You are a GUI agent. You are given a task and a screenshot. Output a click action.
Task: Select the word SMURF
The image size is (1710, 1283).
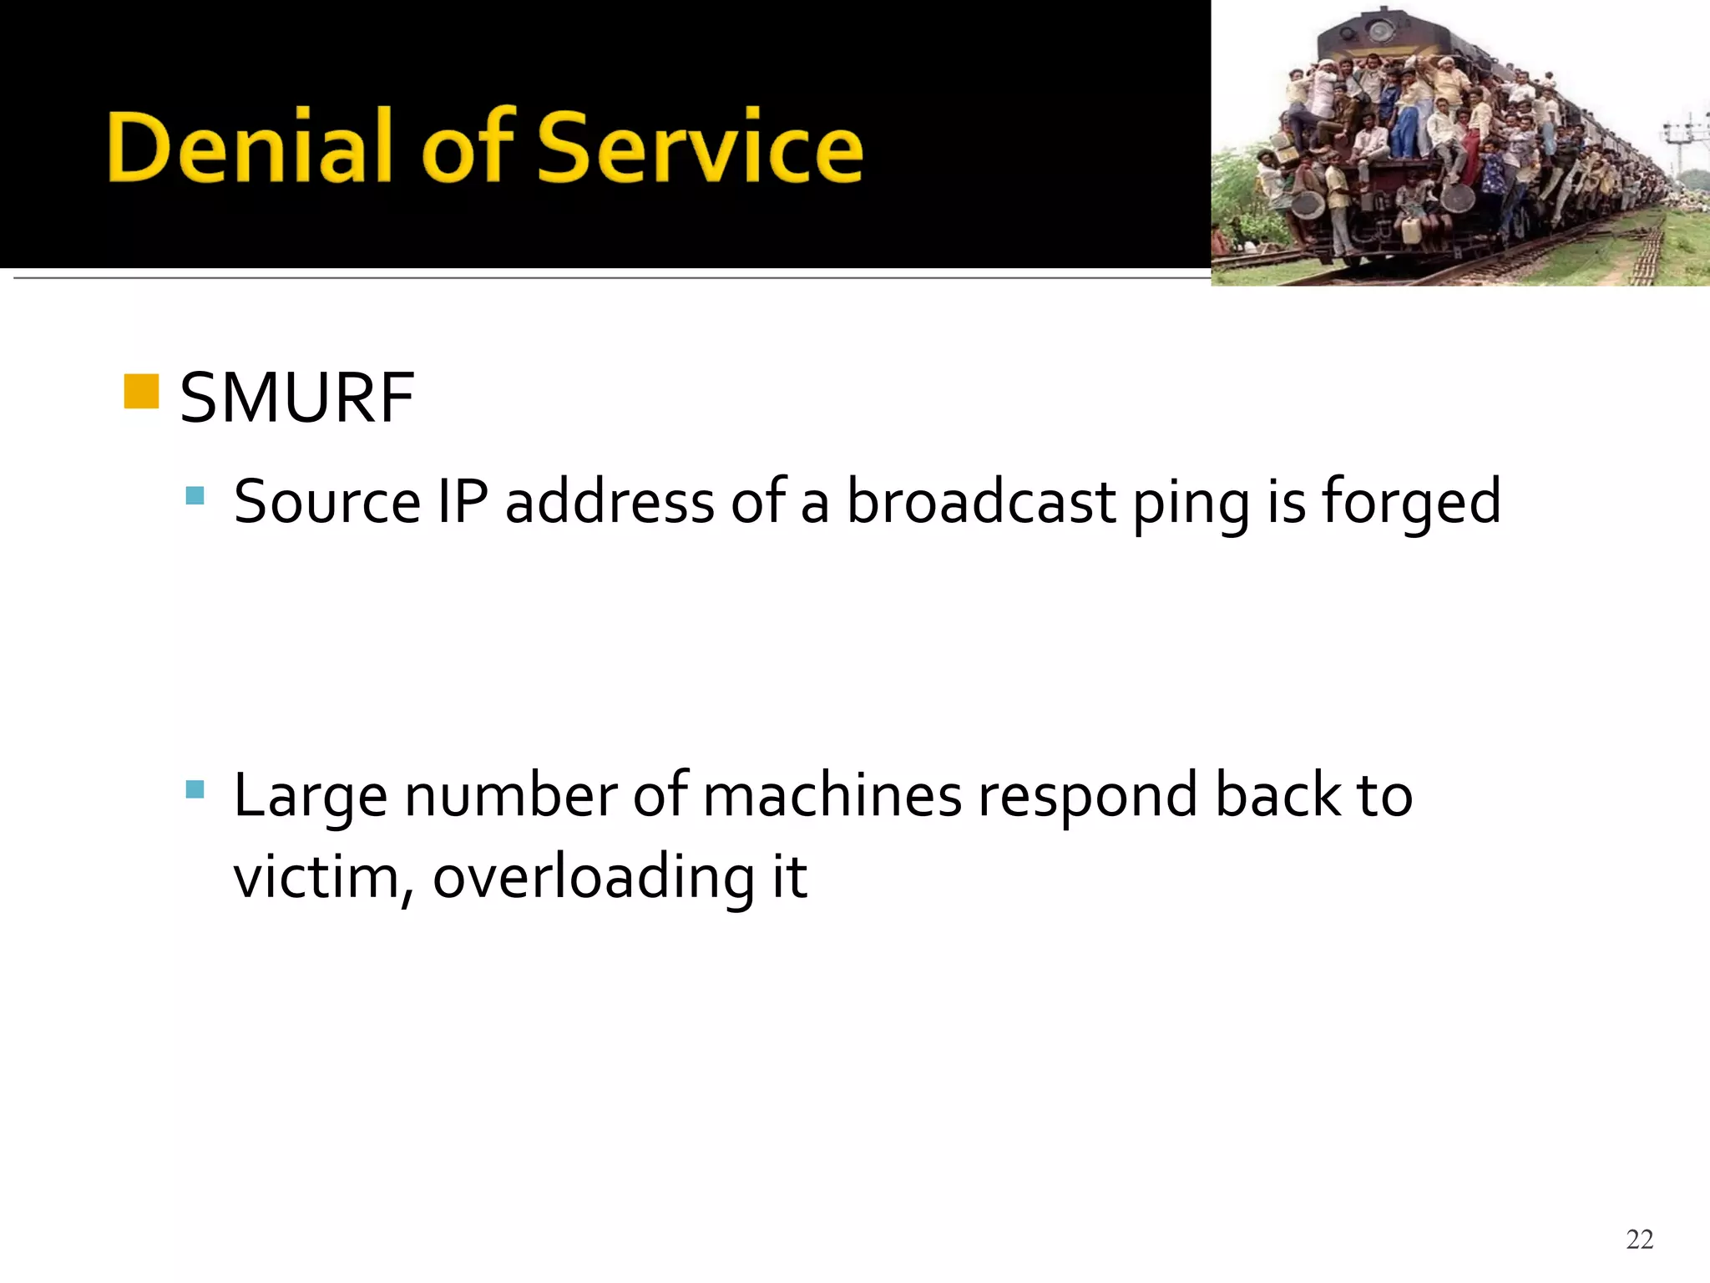point(296,398)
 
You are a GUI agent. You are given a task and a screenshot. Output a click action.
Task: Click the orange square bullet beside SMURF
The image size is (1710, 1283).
point(141,392)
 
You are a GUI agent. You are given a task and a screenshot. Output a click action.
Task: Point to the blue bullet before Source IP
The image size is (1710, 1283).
point(195,496)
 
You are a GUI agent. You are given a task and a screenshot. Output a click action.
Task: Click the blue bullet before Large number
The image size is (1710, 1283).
point(195,789)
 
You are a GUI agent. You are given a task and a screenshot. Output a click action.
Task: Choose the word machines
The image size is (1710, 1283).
point(832,795)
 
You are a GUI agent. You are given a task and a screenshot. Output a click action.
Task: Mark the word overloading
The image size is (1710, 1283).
point(594,879)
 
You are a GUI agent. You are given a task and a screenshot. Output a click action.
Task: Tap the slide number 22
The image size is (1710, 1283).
point(1639,1240)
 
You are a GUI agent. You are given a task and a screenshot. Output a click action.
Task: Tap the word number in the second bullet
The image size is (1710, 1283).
point(511,795)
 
